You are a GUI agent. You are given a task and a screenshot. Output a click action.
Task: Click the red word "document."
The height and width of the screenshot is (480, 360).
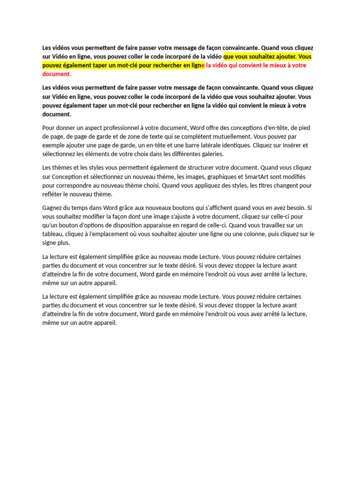57,74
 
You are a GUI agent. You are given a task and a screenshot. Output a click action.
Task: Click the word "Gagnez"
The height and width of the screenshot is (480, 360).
53,207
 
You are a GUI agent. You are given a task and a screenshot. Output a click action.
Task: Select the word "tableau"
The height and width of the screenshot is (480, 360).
52,234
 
